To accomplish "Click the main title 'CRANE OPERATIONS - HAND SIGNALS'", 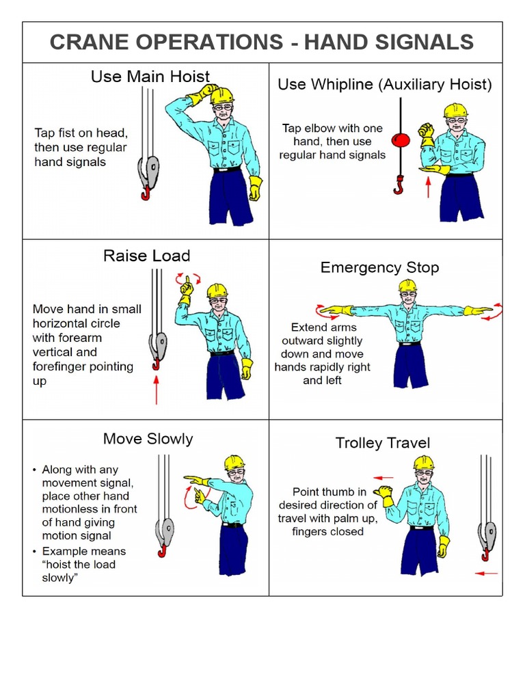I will tap(262, 42).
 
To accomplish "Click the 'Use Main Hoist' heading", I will tap(150, 77).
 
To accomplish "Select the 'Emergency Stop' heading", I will tap(379, 267).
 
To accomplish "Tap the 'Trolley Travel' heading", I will tap(382, 443).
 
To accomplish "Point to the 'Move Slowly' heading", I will tap(148, 439).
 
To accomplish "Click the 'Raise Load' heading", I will tap(146, 256).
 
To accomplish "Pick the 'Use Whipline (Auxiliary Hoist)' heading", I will tap(384, 85).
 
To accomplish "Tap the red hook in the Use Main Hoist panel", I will tap(146, 193).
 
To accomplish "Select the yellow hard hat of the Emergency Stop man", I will tap(408, 285).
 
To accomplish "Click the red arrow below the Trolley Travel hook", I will tap(486, 573).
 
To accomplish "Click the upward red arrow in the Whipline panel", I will tap(428, 187).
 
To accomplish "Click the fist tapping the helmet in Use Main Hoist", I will tap(204, 93).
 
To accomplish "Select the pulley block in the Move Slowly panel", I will tap(165, 529).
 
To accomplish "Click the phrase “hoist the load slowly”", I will tap(79, 571).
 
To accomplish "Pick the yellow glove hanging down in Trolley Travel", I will tap(444, 546).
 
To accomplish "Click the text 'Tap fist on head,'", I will tap(81, 133).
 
